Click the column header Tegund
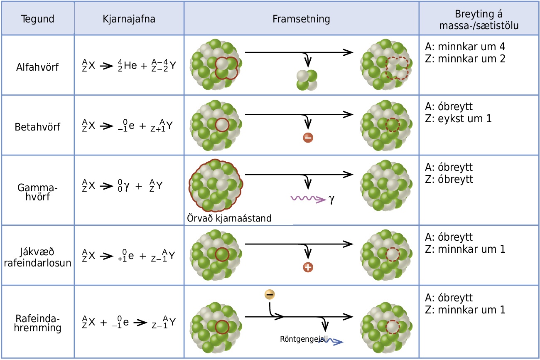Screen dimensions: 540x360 [38, 19]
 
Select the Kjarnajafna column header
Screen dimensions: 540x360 [129, 19]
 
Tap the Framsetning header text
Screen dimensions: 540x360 [301, 19]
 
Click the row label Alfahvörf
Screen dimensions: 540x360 [37, 67]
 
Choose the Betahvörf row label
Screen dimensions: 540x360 [37, 127]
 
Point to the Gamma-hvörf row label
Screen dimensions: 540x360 [38, 192]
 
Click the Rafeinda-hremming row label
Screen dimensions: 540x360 [38, 323]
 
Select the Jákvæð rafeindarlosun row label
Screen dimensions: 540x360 [38, 257]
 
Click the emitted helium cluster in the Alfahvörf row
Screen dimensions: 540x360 [307, 80]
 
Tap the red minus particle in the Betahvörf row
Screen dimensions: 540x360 [308, 138]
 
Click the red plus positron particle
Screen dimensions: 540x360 [308, 267]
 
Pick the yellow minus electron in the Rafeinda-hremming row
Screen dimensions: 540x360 [270, 294]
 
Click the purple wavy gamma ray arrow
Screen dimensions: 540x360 [308, 199]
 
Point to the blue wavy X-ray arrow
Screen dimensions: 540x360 [331, 341]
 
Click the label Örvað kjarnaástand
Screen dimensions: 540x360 [229, 218]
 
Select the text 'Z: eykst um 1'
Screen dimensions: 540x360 [458, 118]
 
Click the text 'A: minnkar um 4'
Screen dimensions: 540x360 [465, 47]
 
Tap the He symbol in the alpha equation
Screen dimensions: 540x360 [130, 65]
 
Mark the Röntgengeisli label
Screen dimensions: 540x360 [304, 339]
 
